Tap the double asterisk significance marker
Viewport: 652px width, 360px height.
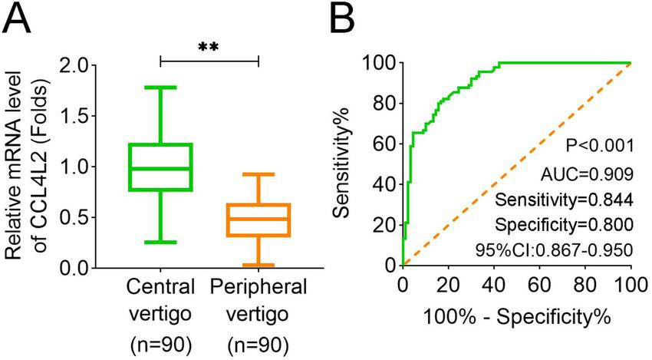click(209, 47)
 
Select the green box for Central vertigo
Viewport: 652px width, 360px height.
click(160, 167)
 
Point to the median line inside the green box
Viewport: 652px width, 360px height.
click(160, 168)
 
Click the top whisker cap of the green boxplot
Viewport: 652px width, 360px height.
click(160, 88)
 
